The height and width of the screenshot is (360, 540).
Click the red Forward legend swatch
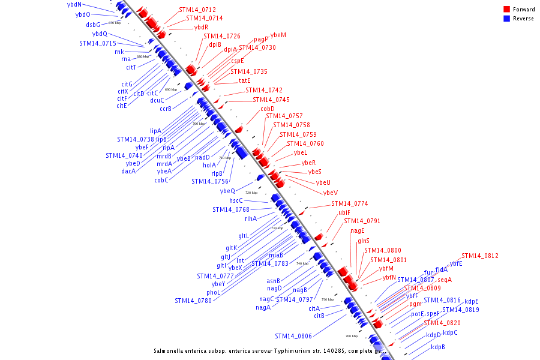point(507,10)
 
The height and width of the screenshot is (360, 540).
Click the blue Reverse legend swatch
point(507,19)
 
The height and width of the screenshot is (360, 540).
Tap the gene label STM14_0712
point(197,10)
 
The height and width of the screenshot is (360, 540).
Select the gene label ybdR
point(201,27)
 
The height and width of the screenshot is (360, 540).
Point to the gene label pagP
point(261,39)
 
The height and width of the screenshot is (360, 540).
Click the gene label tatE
point(244,80)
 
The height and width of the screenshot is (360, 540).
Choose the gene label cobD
point(268,109)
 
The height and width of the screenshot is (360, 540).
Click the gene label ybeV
point(331,193)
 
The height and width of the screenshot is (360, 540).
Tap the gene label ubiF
point(344,212)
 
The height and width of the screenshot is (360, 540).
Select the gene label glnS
point(364,241)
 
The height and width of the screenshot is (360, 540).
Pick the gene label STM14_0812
point(480,256)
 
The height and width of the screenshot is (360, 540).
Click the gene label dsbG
point(93,25)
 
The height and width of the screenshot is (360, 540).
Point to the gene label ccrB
point(166,109)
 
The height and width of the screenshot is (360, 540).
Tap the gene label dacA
point(128,171)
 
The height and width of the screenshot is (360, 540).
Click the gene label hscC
point(236,200)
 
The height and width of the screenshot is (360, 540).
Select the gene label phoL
point(214,292)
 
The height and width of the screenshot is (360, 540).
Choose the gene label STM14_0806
point(293,336)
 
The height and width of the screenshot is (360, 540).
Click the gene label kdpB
point(438,347)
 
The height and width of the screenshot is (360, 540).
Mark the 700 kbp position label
point(199,124)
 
